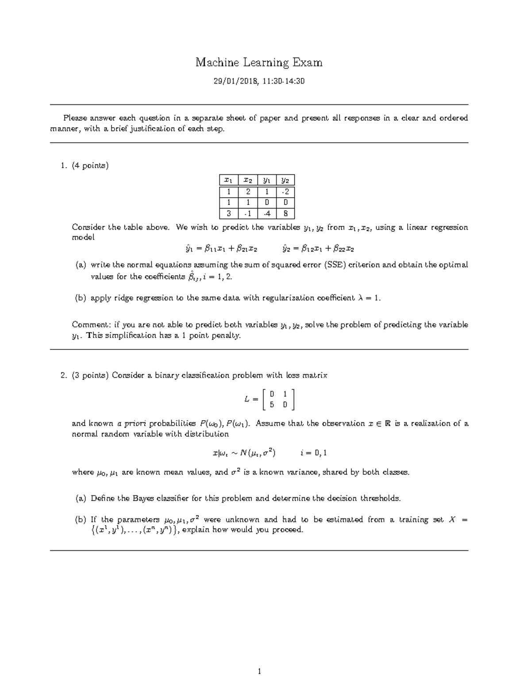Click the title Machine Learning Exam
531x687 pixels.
pos(259,63)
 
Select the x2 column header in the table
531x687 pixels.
pos(248,180)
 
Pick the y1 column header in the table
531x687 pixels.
pos(266,180)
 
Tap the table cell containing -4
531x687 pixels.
pos(266,214)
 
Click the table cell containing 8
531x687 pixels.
pos(285,214)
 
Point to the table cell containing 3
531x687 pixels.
pos(228,214)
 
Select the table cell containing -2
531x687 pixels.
pos(285,192)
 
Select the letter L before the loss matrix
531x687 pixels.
pos(247,399)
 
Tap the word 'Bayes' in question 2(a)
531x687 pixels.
pos(142,499)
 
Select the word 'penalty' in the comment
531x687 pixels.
pos(225,335)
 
